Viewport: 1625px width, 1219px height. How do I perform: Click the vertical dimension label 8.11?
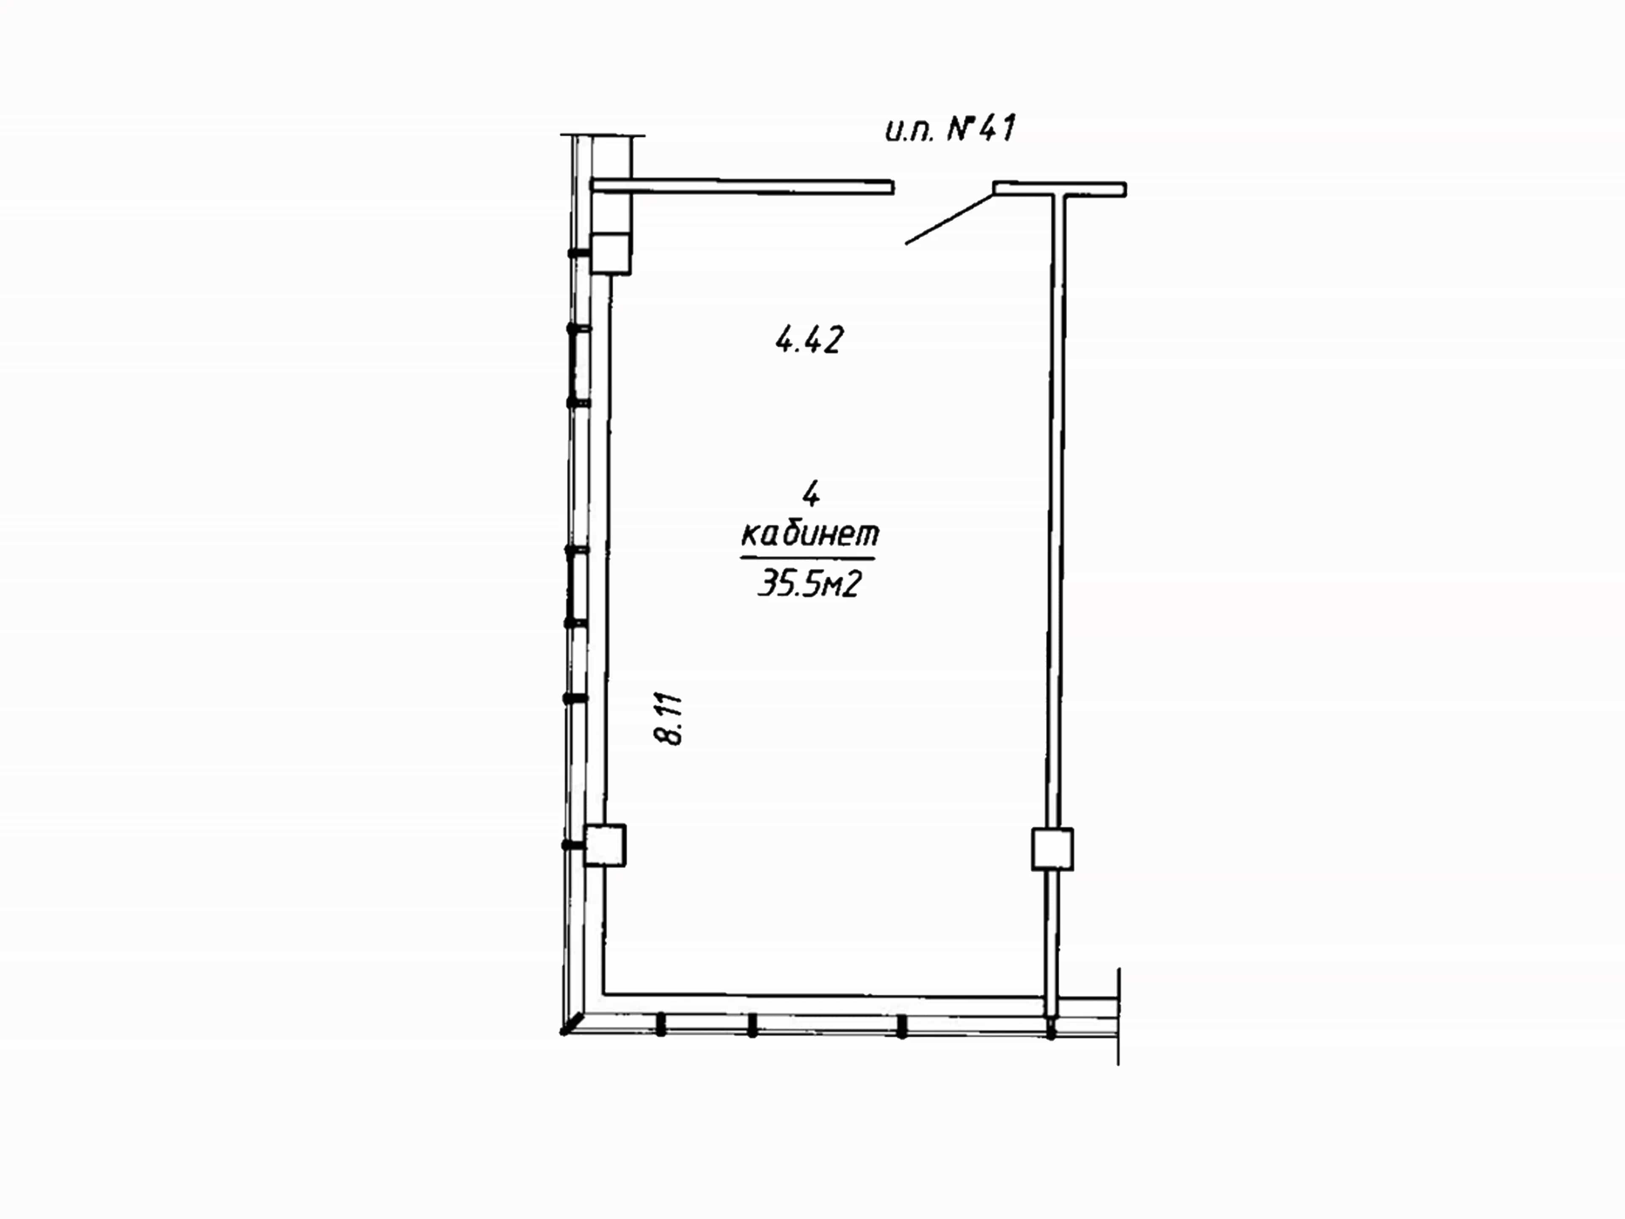coord(669,719)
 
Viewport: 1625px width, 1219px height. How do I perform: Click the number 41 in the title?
coord(997,129)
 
